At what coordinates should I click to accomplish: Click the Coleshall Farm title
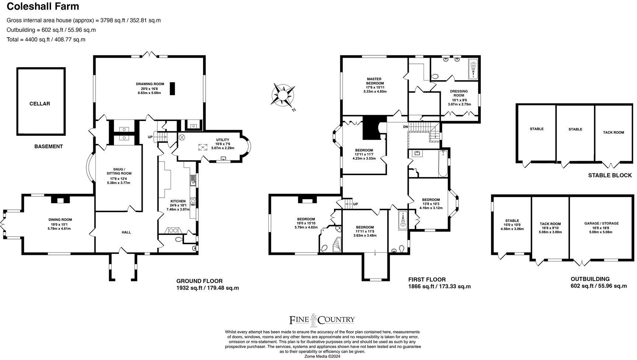[x=43, y=6]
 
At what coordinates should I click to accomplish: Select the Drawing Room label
[x=150, y=89]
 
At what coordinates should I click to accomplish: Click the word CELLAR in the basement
[x=40, y=104]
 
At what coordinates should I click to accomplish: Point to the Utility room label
[x=223, y=144]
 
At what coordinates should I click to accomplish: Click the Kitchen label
[x=178, y=205]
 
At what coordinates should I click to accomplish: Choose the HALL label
[x=126, y=232]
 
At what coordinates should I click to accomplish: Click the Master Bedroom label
[x=374, y=85]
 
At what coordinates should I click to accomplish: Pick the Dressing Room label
[x=459, y=98]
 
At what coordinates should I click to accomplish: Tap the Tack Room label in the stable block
[x=613, y=132]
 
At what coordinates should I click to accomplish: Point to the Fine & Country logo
[x=321, y=320]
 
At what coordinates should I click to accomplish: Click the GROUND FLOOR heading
[x=199, y=281]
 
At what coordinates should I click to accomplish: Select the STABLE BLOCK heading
[x=610, y=175]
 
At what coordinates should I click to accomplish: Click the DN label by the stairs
[x=405, y=127]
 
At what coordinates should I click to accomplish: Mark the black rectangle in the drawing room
[x=172, y=89]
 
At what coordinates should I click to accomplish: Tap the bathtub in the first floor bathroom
[x=442, y=163]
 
